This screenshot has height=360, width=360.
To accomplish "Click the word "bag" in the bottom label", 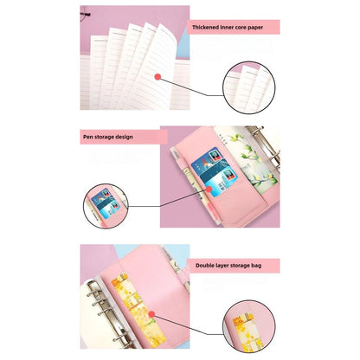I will (271, 266).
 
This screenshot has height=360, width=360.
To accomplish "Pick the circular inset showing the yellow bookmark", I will (250, 324).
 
